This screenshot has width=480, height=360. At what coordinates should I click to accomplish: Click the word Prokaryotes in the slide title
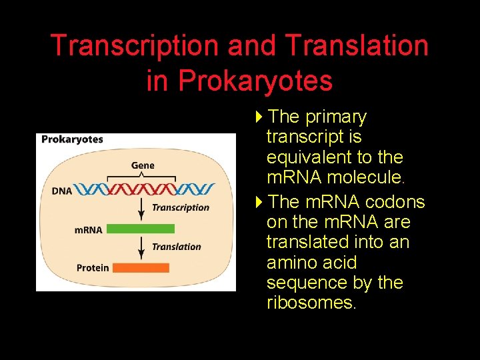tap(255, 81)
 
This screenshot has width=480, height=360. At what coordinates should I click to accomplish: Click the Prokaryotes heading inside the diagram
tap(72, 139)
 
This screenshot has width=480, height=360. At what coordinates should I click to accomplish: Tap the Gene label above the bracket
tap(143, 165)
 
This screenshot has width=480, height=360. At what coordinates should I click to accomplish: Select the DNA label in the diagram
tap(61, 191)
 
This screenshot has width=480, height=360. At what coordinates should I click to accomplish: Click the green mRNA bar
tap(141, 229)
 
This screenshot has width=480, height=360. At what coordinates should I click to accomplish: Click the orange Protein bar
tap(141, 267)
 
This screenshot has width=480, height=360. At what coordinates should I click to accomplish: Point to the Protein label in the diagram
tap(92, 267)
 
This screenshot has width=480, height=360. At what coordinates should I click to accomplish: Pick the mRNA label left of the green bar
tap(88, 229)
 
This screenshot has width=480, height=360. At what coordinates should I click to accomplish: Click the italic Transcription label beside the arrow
tap(180, 207)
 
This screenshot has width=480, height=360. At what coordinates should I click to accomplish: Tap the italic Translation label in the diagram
tap(176, 247)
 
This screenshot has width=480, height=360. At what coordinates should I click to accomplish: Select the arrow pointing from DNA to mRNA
tap(141, 209)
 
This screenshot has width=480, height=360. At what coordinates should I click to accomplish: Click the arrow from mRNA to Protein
tap(141, 248)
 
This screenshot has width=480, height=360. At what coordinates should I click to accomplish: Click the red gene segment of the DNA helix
tap(141, 190)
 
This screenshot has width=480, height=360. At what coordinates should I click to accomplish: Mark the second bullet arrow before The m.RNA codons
tap(259, 202)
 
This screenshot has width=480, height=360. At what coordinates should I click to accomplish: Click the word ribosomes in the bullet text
tap(311, 303)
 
